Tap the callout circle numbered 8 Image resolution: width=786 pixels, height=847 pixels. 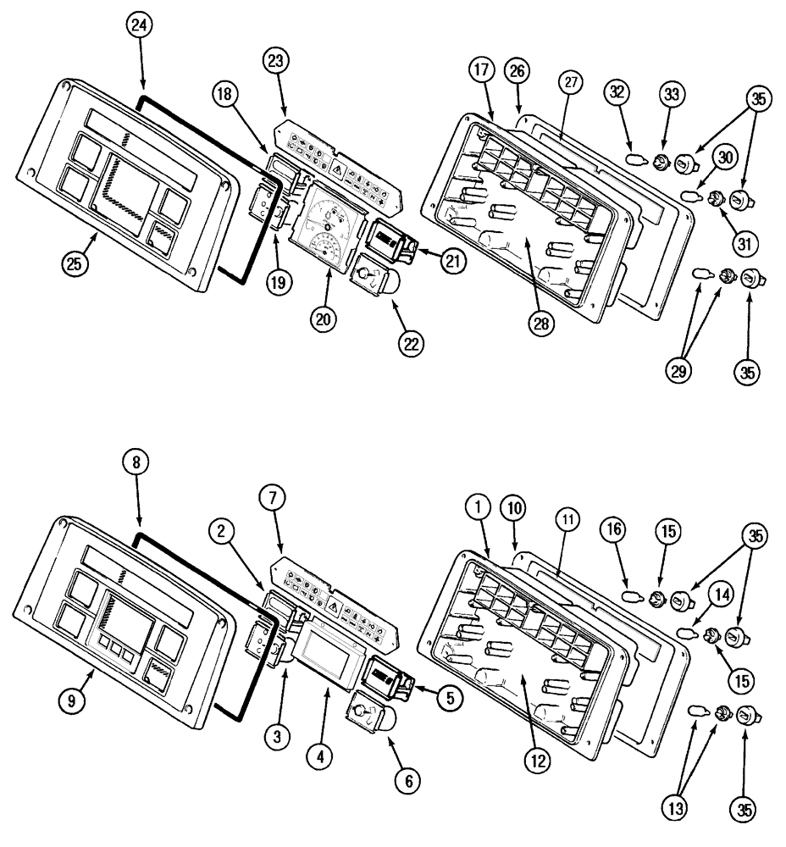pos(138,463)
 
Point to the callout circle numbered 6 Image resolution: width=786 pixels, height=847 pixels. pos(407,780)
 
